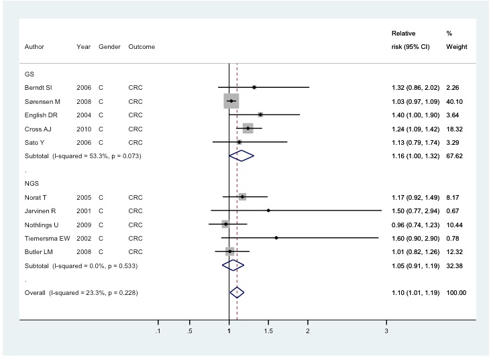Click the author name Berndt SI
38,88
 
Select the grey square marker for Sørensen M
231,101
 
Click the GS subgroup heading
29,74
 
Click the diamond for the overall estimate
237,292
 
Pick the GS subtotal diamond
241,156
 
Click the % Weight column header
455,40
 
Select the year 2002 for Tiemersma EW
84,237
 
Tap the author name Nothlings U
43,224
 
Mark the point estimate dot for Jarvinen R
268,211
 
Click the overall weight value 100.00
455,292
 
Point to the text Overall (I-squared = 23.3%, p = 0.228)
81,292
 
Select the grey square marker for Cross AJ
248,128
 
